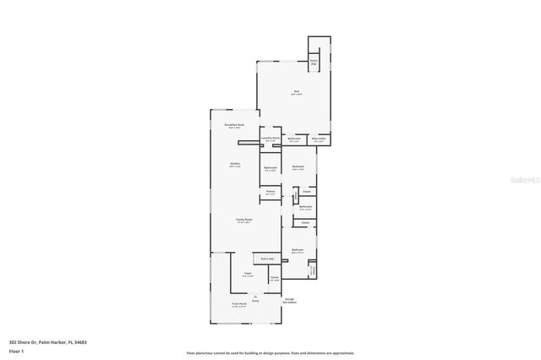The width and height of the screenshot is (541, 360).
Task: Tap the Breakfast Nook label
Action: [234, 125]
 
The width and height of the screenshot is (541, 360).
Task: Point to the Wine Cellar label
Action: [319, 139]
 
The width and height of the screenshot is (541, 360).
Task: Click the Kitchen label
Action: [235, 164]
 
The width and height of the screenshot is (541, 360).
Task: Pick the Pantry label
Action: [270, 192]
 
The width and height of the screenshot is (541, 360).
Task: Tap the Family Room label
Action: [243, 220]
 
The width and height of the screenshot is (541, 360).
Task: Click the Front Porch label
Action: [238, 305]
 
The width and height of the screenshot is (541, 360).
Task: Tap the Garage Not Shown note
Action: [289, 300]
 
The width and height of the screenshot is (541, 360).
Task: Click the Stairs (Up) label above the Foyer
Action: [267, 259]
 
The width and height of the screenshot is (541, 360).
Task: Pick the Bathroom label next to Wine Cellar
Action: [294, 139]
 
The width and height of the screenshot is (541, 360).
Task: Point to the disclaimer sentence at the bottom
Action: [270, 353]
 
